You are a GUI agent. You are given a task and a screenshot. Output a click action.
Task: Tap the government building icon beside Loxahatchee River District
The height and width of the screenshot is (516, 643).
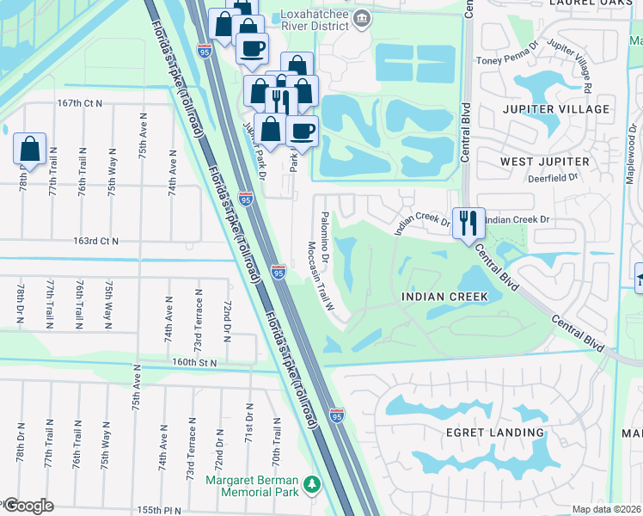(363, 18)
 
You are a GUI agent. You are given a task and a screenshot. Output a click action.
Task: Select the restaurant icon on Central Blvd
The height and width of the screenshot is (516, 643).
(468, 223)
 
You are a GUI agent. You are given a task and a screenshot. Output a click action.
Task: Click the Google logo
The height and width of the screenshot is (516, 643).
(28, 506)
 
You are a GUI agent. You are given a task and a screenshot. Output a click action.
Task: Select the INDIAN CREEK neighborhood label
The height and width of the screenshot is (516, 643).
(444, 297)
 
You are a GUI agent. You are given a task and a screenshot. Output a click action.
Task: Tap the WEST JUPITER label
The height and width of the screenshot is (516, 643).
(545, 162)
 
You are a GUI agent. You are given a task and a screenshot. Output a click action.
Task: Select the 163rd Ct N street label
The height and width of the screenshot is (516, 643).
(95, 242)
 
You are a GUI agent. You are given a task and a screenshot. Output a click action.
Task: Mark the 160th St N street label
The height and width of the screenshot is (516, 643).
(193, 362)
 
